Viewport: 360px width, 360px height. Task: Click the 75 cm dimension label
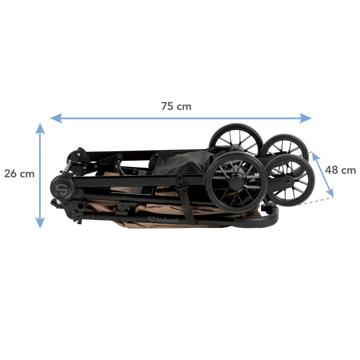coord(176,106)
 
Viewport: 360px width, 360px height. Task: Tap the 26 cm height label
coord(19,174)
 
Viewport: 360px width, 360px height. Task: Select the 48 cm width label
coord(340,170)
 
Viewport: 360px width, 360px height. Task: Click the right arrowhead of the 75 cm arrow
coord(306,118)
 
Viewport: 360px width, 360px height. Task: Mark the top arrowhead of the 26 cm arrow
coord(40,129)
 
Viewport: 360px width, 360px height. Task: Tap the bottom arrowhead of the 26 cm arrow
coord(40,223)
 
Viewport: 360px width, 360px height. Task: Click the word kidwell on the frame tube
coord(167,220)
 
